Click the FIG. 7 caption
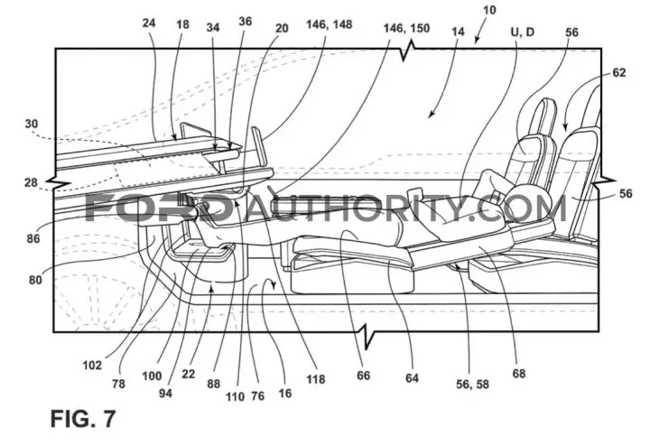pyautogui.click(x=83, y=419)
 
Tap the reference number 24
pyautogui.click(x=149, y=23)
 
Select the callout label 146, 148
pyautogui.click(x=330, y=24)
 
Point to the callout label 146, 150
pyautogui.click(x=406, y=28)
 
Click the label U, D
pyautogui.click(x=523, y=32)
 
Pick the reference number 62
pyautogui.click(x=619, y=72)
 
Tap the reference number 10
pyautogui.click(x=489, y=10)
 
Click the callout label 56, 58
pyautogui.click(x=472, y=385)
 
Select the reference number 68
pyautogui.click(x=518, y=374)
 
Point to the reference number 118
pyautogui.click(x=315, y=379)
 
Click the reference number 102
pyautogui.click(x=92, y=365)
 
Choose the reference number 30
pyautogui.click(x=32, y=124)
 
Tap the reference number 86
pyautogui.click(x=33, y=238)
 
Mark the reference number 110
pyautogui.click(x=235, y=396)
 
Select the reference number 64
pyautogui.click(x=412, y=377)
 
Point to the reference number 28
pyautogui.click(x=31, y=182)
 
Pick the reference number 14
pyautogui.click(x=458, y=32)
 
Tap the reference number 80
pyautogui.click(x=35, y=280)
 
